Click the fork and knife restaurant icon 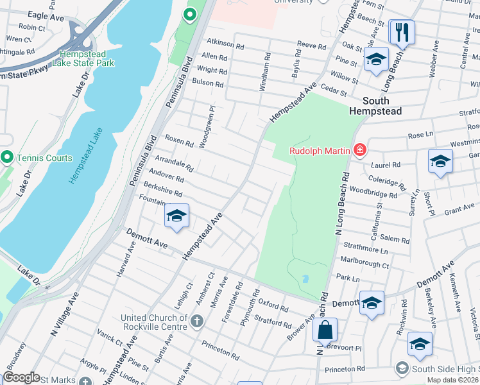[402, 32]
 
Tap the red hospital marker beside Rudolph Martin [359, 151]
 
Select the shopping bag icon [326, 330]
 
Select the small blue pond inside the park [304, 279]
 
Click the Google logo [21, 377]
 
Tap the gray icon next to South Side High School [402, 368]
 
